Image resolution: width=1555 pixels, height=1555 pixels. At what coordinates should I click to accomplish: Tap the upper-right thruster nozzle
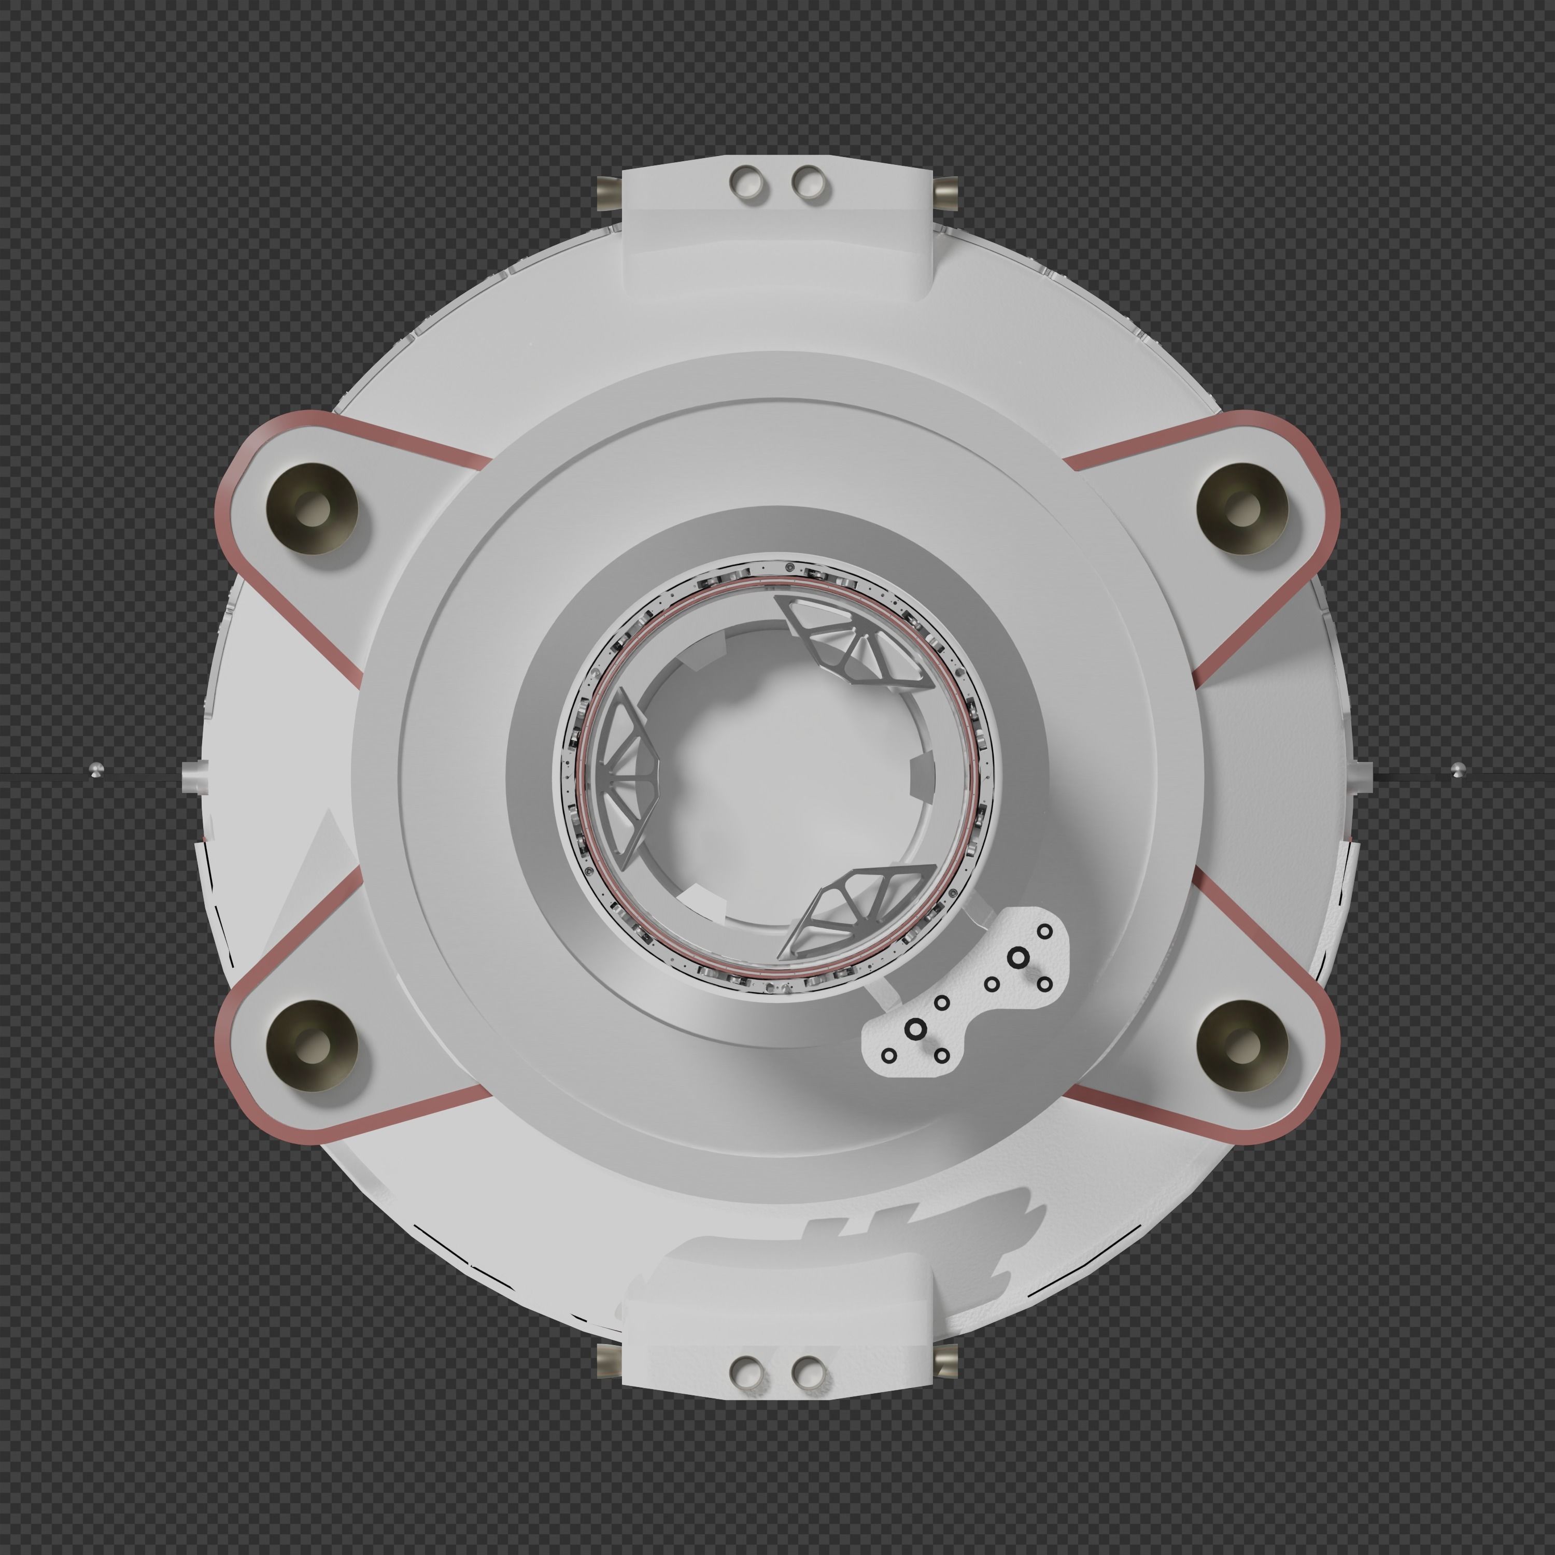[1242, 508]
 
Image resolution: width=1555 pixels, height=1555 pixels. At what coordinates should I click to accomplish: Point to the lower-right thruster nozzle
[1242, 1045]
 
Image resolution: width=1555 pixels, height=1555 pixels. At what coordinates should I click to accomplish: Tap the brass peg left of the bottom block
[609, 1360]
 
